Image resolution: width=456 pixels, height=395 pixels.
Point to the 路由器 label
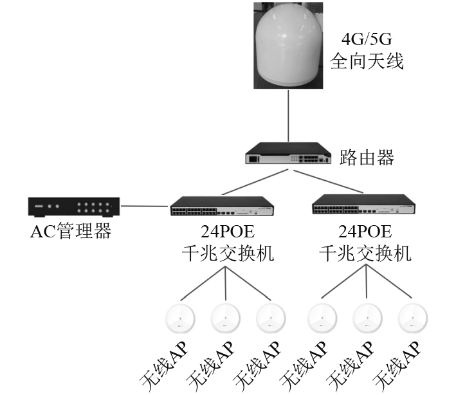(x=367, y=157)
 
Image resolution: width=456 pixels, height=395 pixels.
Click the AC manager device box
(x=74, y=207)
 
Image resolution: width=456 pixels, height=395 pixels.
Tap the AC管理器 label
(x=71, y=232)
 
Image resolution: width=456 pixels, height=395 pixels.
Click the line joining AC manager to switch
(x=145, y=207)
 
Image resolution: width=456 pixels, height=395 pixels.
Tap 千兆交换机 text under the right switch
(x=365, y=253)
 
